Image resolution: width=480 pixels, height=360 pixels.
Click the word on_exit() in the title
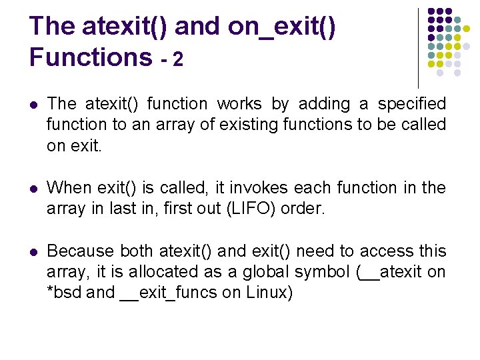point(282,27)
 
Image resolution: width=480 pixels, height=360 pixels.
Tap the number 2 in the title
point(177,60)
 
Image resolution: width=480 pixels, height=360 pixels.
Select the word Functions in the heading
point(91,57)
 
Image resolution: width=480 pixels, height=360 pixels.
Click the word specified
point(412,104)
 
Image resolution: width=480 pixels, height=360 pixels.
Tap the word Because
point(81,251)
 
